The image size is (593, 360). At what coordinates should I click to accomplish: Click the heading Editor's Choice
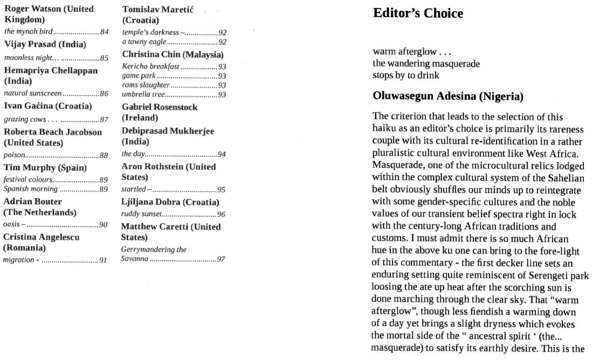point(418,13)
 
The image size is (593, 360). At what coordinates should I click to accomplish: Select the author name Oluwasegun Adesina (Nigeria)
point(448,97)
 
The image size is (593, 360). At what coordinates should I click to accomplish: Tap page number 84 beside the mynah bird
point(104,32)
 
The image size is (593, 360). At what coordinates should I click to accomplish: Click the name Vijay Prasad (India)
point(45,44)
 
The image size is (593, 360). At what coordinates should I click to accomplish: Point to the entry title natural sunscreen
point(33,94)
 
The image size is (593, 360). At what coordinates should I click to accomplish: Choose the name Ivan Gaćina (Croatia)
point(48,106)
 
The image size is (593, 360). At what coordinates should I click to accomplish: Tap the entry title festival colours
point(28,179)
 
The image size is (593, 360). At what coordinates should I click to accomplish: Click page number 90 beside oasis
point(104,225)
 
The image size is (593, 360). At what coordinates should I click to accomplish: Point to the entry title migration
point(19,260)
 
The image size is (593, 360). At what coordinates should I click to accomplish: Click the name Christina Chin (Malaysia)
point(173,54)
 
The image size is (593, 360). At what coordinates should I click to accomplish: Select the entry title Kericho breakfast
point(150,66)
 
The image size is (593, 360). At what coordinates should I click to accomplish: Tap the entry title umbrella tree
point(143,95)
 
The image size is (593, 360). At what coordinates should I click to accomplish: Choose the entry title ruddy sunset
point(141,214)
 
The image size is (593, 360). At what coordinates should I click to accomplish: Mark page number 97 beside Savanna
point(221,260)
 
